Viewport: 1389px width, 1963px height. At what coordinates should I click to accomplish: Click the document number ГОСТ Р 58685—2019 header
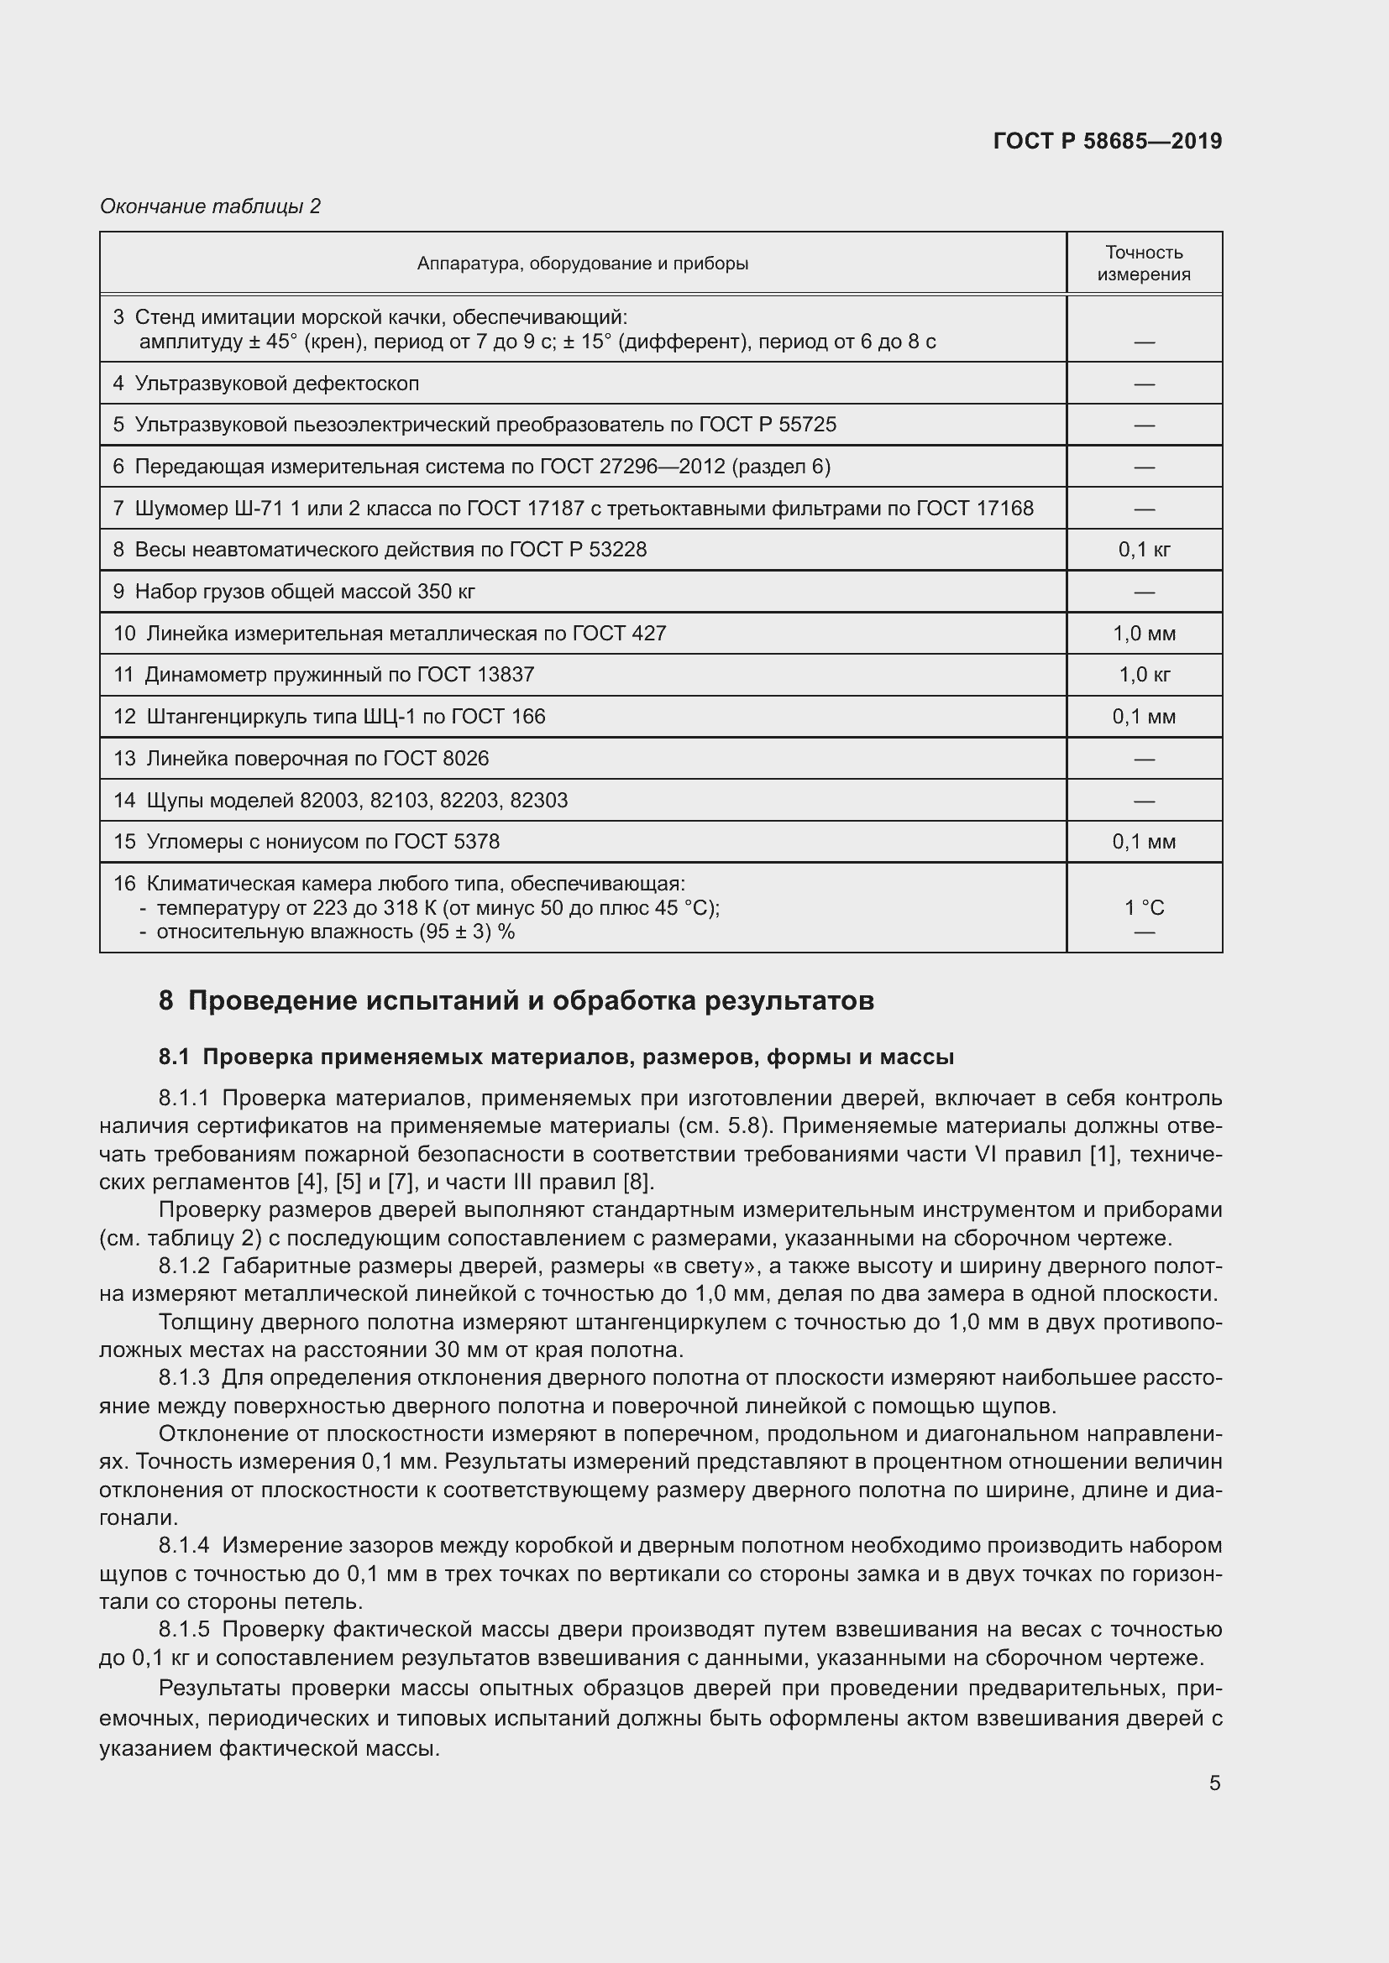[x=1107, y=141]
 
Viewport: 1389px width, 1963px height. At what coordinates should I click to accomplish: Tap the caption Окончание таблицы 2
[x=210, y=206]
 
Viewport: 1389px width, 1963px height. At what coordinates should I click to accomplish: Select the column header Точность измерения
[x=1144, y=264]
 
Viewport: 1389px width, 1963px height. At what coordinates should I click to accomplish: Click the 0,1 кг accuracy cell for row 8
[x=1144, y=550]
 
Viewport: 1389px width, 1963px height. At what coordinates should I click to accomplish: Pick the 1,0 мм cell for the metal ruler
[x=1144, y=634]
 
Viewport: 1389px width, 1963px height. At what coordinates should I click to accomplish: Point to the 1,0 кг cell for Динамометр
[x=1144, y=675]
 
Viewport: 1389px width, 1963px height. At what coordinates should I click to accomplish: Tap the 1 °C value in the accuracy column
[x=1144, y=908]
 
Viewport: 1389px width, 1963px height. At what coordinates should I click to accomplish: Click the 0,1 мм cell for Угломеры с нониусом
[x=1144, y=842]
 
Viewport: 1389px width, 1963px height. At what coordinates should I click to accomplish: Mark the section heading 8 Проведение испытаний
[x=516, y=1000]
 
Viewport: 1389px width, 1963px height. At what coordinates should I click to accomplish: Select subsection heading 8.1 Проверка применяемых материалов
[x=556, y=1057]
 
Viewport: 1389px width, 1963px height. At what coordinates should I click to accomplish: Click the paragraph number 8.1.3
[x=184, y=1378]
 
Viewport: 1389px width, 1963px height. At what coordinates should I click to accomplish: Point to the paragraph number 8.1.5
[x=184, y=1630]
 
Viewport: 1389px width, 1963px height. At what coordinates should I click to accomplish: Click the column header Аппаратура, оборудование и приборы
[x=583, y=264]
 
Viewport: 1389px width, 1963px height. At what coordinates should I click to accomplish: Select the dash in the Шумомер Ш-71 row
[x=1144, y=509]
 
